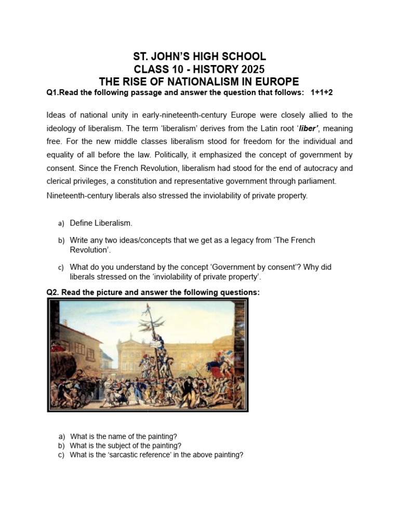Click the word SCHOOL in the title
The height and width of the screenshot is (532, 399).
[x=242, y=57]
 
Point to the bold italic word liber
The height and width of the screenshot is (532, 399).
[x=307, y=128]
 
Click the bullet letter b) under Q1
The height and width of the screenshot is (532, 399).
[x=61, y=241]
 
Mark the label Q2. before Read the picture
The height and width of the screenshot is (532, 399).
[x=53, y=292]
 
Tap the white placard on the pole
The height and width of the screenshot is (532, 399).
[x=155, y=344]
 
